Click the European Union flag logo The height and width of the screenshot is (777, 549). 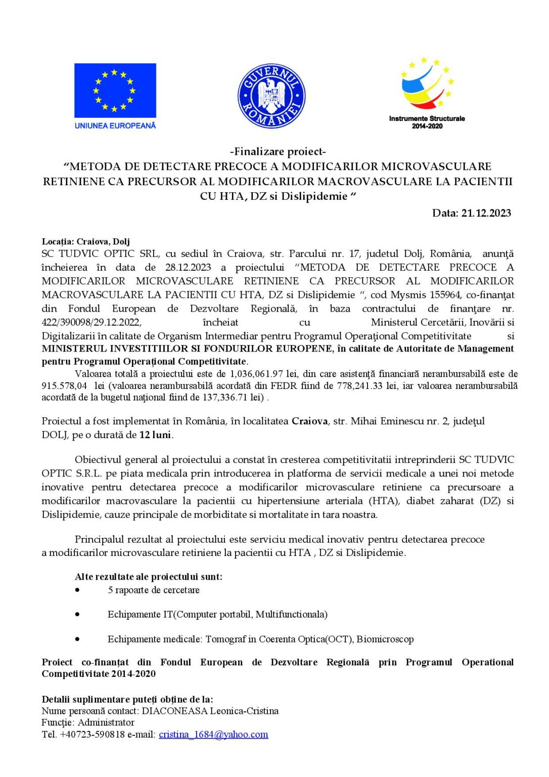click(x=115, y=90)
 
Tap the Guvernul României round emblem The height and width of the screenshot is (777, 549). click(x=271, y=96)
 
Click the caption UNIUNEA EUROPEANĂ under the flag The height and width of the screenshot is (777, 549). click(x=115, y=125)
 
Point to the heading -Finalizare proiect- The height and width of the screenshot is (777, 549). click(x=278, y=151)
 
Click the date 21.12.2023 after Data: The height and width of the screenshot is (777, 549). click(x=486, y=213)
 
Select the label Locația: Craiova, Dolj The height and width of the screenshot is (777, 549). click(x=86, y=241)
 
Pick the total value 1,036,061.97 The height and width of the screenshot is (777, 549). click(x=256, y=374)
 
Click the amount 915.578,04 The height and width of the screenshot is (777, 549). click(x=64, y=385)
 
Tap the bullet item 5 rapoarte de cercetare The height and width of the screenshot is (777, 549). click(x=153, y=590)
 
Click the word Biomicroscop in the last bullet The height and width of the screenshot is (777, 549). click(x=385, y=639)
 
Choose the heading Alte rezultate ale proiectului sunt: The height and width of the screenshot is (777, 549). click(x=149, y=576)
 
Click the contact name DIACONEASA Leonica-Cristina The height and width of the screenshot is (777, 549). click(x=210, y=711)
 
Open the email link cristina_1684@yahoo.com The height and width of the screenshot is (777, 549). click(x=213, y=735)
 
